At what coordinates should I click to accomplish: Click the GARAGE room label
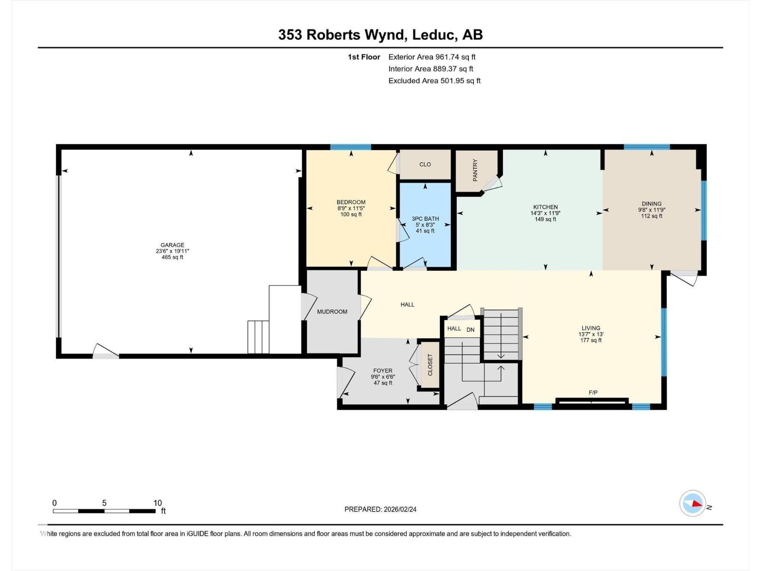(x=172, y=246)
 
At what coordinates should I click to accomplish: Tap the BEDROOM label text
(x=351, y=202)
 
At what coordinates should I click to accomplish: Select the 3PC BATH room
(x=425, y=219)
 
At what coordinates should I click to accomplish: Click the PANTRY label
(x=475, y=170)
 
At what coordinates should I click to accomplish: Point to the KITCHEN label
(x=545, y=207)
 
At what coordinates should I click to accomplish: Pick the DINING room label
(x=651, y=204)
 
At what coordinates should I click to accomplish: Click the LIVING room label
(x=591, y=328)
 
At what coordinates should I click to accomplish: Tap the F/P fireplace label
(x=593, y=393)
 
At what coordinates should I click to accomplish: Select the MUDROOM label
(x=332, y=312)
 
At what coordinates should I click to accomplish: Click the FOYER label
(x=383, y=371)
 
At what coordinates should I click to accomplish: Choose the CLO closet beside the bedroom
(x=425, y=164)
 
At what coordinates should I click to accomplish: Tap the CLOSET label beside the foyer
(x=430, y=365)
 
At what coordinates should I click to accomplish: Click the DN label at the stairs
(x=470, y=329)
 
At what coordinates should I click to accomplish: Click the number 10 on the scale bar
(x=157, y=503)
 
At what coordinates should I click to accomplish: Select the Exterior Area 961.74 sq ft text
(x=432, y=57)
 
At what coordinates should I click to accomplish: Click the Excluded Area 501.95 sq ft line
(x=434, y=81)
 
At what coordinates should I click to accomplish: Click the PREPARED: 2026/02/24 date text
(x=380, y=509)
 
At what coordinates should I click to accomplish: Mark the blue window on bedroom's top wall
(x=351, y=147)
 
